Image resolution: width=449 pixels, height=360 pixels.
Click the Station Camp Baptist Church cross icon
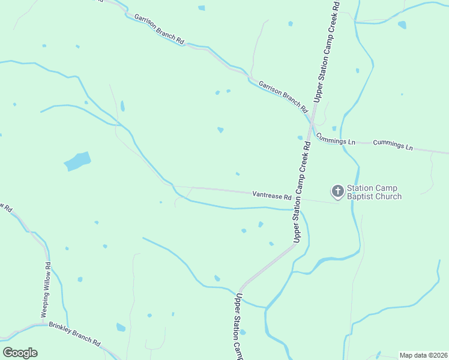[x=337, y=191]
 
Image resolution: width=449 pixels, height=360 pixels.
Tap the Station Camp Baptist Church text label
[x=375, y=193]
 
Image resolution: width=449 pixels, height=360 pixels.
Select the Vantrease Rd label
[x=272, y=195]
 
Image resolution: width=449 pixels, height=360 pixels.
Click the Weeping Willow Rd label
[x=46, y=290]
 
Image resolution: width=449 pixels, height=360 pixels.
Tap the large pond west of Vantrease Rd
[x=77, y=161]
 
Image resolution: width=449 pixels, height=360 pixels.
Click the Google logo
[x=20, y=352]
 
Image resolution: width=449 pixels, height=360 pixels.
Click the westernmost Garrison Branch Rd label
[x=159, y=29]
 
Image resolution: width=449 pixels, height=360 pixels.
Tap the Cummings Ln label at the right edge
[x=393, y=145]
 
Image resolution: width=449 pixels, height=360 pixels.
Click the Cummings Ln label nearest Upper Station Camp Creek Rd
[x=336, y=139]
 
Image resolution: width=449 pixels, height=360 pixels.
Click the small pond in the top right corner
[x=402, y=25]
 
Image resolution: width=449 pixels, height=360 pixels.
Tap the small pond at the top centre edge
[x=202, y=8]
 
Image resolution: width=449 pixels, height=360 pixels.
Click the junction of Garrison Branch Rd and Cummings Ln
[x=312, y=123]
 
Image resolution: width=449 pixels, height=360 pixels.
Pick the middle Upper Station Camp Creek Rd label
[x=300, y=192]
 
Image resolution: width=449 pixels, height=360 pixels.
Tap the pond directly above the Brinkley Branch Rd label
[x=121, y=327]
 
